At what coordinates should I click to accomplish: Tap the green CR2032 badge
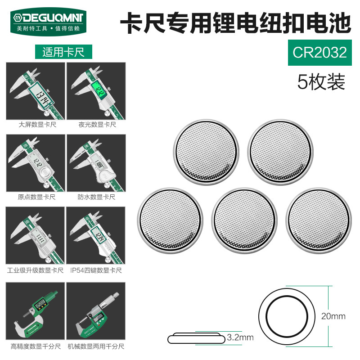[319, 53]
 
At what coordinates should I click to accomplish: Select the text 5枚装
[321, 81]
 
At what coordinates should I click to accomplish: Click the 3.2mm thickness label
[240, 337]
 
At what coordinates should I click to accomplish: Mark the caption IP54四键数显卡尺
[96, 270]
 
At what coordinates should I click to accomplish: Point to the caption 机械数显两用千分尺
[96, 346]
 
